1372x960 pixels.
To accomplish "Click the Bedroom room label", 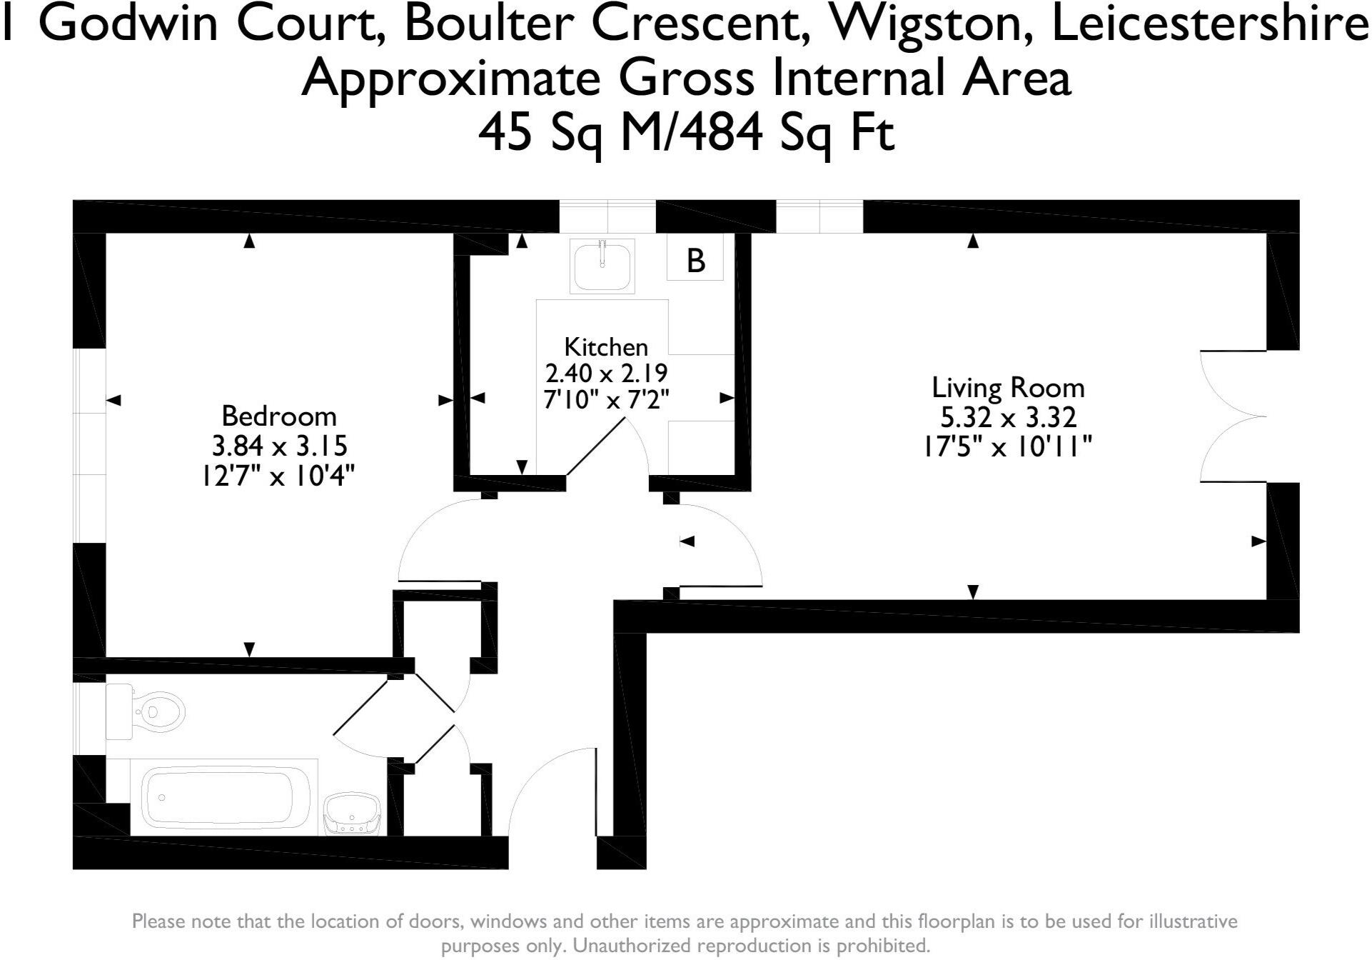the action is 278,416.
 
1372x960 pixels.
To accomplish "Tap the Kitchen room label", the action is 606,347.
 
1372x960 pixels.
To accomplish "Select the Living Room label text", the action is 1008,388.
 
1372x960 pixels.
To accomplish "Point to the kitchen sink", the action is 602,264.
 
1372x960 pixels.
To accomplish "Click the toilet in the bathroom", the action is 146,711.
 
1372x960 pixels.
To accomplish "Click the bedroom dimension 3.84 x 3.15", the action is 279,446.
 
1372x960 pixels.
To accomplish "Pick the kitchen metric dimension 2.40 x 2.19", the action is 606,374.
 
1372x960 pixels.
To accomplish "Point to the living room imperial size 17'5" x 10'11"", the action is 1008,447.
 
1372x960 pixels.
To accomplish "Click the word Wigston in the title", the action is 927,25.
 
